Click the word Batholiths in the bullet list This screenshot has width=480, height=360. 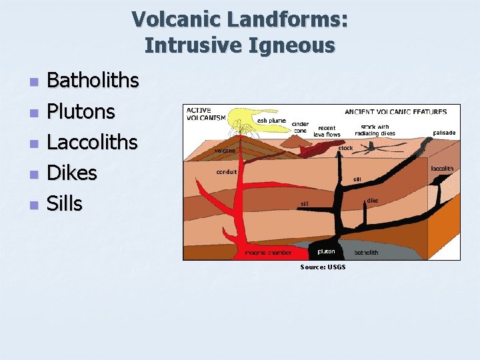(x=93, y=81)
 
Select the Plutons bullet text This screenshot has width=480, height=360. (x=81, y=111)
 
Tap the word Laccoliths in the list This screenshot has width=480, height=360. (x=92, y=142)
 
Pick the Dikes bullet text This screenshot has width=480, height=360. (x=71, y=173)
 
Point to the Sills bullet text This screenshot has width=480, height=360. (x=64, y=204)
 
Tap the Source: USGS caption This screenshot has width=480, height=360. (x=323, y=267)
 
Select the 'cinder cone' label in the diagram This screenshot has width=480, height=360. (x=301, y=127)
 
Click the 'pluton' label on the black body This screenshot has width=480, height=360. (x=326, y=251)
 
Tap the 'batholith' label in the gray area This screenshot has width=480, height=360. (x=366, y=253)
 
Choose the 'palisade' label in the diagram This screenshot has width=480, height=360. (x=444, y=133)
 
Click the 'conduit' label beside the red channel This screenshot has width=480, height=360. (x=227, y=171)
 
